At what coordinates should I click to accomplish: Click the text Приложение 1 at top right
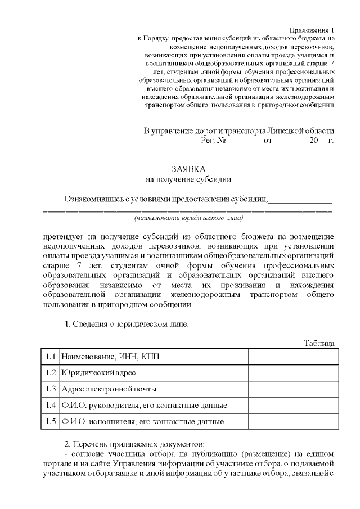tap(312, 29)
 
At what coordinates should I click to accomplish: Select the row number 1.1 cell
tap(51, 357)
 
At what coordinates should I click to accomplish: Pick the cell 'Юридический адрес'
tap(98, 372)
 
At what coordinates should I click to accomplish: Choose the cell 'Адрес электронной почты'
tap(109, 389)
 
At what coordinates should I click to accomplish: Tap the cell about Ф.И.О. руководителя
tap(145, 405)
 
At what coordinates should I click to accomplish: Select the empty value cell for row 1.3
tap(294, 389)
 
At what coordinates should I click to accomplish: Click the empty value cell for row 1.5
tap(294, 421)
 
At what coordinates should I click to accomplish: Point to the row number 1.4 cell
tap(51, 405)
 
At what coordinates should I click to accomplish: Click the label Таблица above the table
tap(319, 343)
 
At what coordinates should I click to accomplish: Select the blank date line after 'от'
tap(290, 141)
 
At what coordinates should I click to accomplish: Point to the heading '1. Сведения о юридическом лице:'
tap(127, 324)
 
